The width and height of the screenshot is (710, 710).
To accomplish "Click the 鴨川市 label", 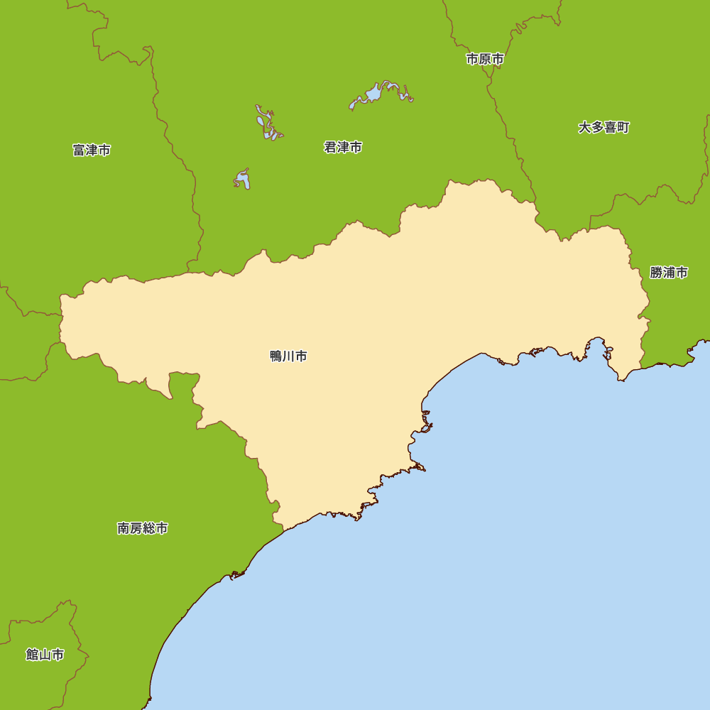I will pyautogui.click(x=288, y=356).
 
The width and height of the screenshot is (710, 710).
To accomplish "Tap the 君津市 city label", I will pyautogui.click(x=343, y=148).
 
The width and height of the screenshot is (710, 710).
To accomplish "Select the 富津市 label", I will pyautogui.click(x=92, y=151).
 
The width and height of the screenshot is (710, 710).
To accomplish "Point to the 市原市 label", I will pyautogui.click(x=485, y=60).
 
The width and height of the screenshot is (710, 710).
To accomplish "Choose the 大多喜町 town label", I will pyautogui.click(x=603, y=128).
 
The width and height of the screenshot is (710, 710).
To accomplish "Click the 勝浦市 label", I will pyautogui.click(x=669, y=273).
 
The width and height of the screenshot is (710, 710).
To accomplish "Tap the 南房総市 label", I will pyautogui.click(x=143, y=528).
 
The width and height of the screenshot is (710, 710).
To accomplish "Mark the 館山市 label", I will pyautogui.click(x=45, y=655).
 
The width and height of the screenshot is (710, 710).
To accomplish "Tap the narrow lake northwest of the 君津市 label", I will pyautogui.click(x=267, y=124).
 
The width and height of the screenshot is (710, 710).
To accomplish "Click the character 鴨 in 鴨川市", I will pyautogui.click(x=276, y=356).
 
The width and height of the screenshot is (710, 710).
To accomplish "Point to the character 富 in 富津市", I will pyautogui.click(x=79, y=151).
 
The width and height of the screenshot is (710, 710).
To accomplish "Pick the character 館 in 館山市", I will pyautogui.click(x=32, y=655).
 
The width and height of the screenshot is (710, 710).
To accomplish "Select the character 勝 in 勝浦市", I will pyautogui.click(x=656, y=273).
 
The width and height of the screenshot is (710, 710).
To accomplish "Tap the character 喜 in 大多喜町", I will pyautogui.click(x=610, y=128).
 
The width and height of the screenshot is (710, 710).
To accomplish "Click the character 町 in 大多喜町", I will pyautogui.click(x=623, y=128).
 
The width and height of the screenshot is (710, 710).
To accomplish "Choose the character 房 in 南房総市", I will pyautogui.click(x=136, y=528).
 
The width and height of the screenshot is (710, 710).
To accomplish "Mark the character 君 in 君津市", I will pyautogui.click(x=330, y=148).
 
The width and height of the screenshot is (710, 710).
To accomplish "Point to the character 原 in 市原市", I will pyautogui.click(x=485, y=60).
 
